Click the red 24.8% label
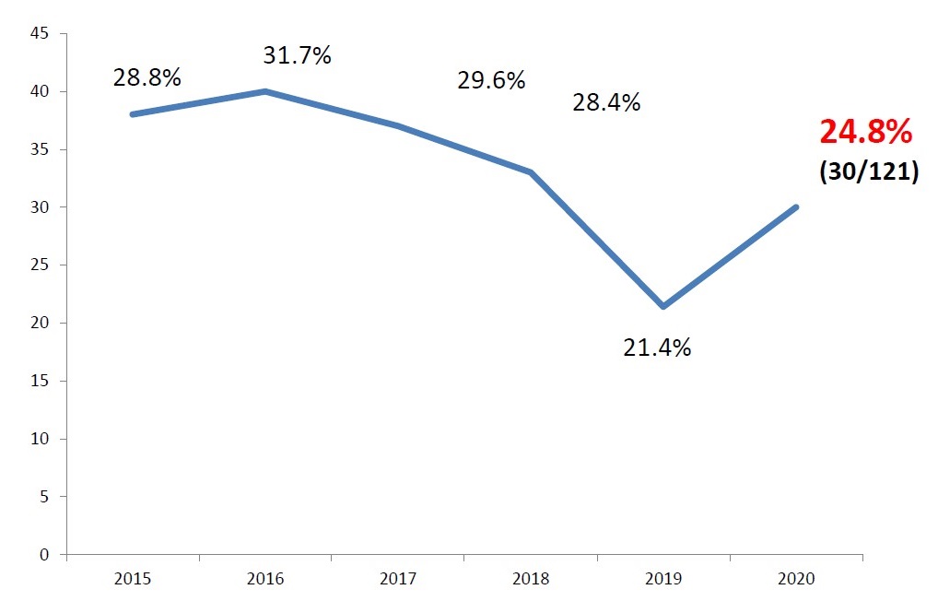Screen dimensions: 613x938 pyautogui.click(x=865, y=133)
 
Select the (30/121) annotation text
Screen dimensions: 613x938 pyautogui.click(x=868, y=172)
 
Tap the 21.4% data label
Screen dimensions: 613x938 pyautogui.click(x=657, y=348)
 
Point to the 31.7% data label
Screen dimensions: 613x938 pyautogui.click(x=297, y=55)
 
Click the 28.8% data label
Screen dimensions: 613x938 pyautogui.click(x=147, y=78)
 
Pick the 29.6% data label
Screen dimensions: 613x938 pyautogui.click(x=491, y=80)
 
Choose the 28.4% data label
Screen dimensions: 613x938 pyautogui.click(x=606, y=102)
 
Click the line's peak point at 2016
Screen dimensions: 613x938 pyautogui.click(x=265, y=91)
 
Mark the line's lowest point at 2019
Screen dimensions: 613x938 pyautogui.click(x=663, y=306)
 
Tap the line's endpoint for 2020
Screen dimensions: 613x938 pyautogui.click(x=796, y=206)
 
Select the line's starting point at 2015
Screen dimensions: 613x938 pyautogui.click(x=133, y=114)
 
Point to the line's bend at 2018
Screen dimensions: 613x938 pyautogui.click(x=531, y=172)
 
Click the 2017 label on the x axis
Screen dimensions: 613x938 pyautogui.click(x=398, y=579)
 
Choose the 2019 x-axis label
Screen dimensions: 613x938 pyautogui.click(x=663, y=579)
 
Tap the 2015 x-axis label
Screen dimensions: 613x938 pyautogui.click(x=133, y=579)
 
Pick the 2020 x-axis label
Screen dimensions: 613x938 pyautogui.click(x=796, y=579)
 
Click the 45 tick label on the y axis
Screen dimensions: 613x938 pyautogui.click(x=39, y=34)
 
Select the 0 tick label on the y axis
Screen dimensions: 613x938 pyautogui.click(x=43, y=555)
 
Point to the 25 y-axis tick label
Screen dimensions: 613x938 pyautogui.click(x=39, y=265)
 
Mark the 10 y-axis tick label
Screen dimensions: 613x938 pyautogui.click(x=39, y=439)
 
